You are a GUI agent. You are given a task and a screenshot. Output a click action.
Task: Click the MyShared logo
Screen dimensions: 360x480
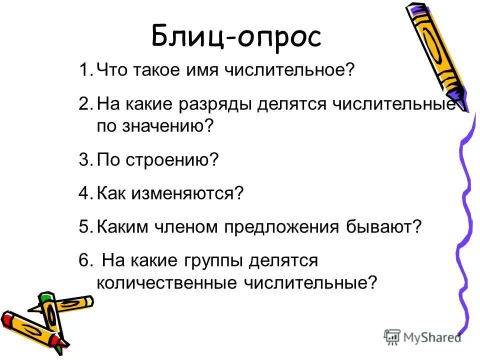point(422,337)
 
